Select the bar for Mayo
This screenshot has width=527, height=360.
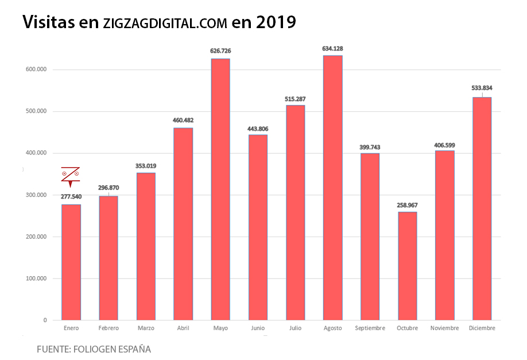[x=220, y=189]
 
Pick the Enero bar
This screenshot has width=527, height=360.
[x=71, y=262]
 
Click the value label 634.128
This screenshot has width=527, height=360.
[x=333, y=49]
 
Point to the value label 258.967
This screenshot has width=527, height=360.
[x=408, y=205]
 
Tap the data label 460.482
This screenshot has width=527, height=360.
[x=183, y=121]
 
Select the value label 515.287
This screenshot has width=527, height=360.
[x=296, y=99]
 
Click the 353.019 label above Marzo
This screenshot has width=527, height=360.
[x=146, y=166]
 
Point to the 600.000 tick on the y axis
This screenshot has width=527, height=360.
[x=36, y=69]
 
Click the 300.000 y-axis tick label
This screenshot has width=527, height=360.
[x=36, y=195]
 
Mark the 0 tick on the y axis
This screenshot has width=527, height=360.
[x=45, y=320]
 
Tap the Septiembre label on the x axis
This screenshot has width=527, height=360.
[x=370, y=328]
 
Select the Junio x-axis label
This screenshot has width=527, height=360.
[x=258, y=328]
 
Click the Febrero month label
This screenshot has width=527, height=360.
[x=108, y=328]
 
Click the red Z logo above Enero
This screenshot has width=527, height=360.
[x=70, y=176]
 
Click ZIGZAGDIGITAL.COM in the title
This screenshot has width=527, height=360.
[x=165, y=24]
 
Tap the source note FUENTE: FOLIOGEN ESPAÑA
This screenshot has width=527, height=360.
[x=94, y=349]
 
